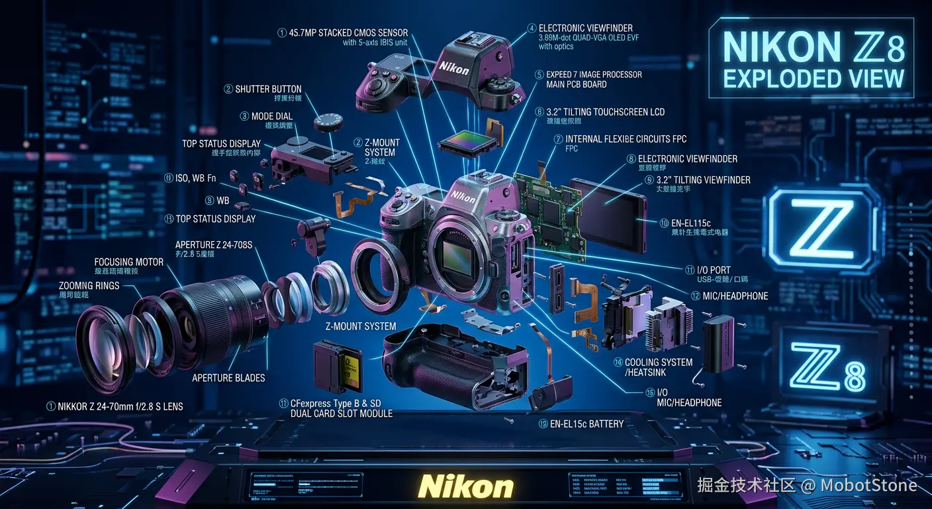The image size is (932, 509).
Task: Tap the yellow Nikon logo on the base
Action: pos(465,486)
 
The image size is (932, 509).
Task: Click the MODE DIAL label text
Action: pos(271,116)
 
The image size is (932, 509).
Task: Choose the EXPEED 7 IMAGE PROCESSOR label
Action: pos(594,75)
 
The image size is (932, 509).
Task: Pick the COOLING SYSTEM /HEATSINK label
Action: pos(659,367)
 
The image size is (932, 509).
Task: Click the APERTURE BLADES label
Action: pos(228,378)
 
